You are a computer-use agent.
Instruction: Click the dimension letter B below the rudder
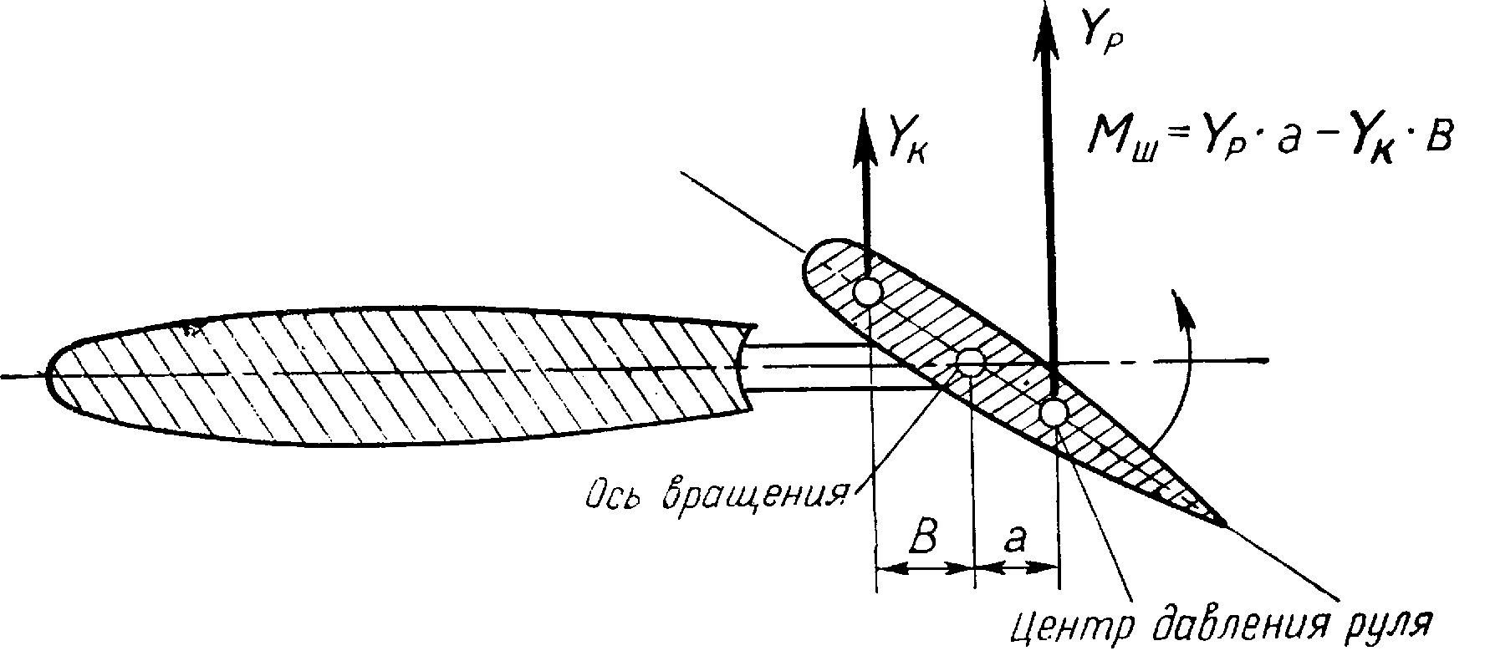922,541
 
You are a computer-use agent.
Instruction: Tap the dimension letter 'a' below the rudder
1015,541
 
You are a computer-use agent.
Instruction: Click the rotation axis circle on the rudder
971,362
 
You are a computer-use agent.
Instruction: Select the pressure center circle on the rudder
1054,412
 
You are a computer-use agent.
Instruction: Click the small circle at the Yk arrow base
867,292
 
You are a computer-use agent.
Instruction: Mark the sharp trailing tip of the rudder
1224,524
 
